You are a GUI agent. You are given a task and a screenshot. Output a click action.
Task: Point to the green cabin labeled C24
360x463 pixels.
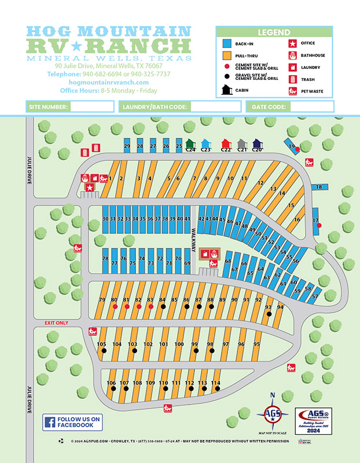(190, 144)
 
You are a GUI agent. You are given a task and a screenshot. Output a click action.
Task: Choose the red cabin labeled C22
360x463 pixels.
(226, 144)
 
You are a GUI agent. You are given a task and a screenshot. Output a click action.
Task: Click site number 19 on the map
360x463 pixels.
(292, 146)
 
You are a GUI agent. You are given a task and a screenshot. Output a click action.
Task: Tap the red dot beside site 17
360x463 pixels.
(319, 225)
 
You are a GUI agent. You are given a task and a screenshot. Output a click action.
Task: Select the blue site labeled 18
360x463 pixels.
(318, 187)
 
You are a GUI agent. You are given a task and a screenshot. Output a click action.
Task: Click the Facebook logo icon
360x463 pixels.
(50, 422)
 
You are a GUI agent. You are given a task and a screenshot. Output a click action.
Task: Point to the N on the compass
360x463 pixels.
(273, 396)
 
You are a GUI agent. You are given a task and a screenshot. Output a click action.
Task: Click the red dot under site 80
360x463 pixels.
(114, 307)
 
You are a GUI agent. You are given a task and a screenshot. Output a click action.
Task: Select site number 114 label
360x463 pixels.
(216, 383)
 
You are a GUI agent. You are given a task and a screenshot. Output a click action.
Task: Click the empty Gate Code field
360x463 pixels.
(310, 106)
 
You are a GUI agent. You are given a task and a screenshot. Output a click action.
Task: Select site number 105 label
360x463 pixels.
(102, 344)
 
